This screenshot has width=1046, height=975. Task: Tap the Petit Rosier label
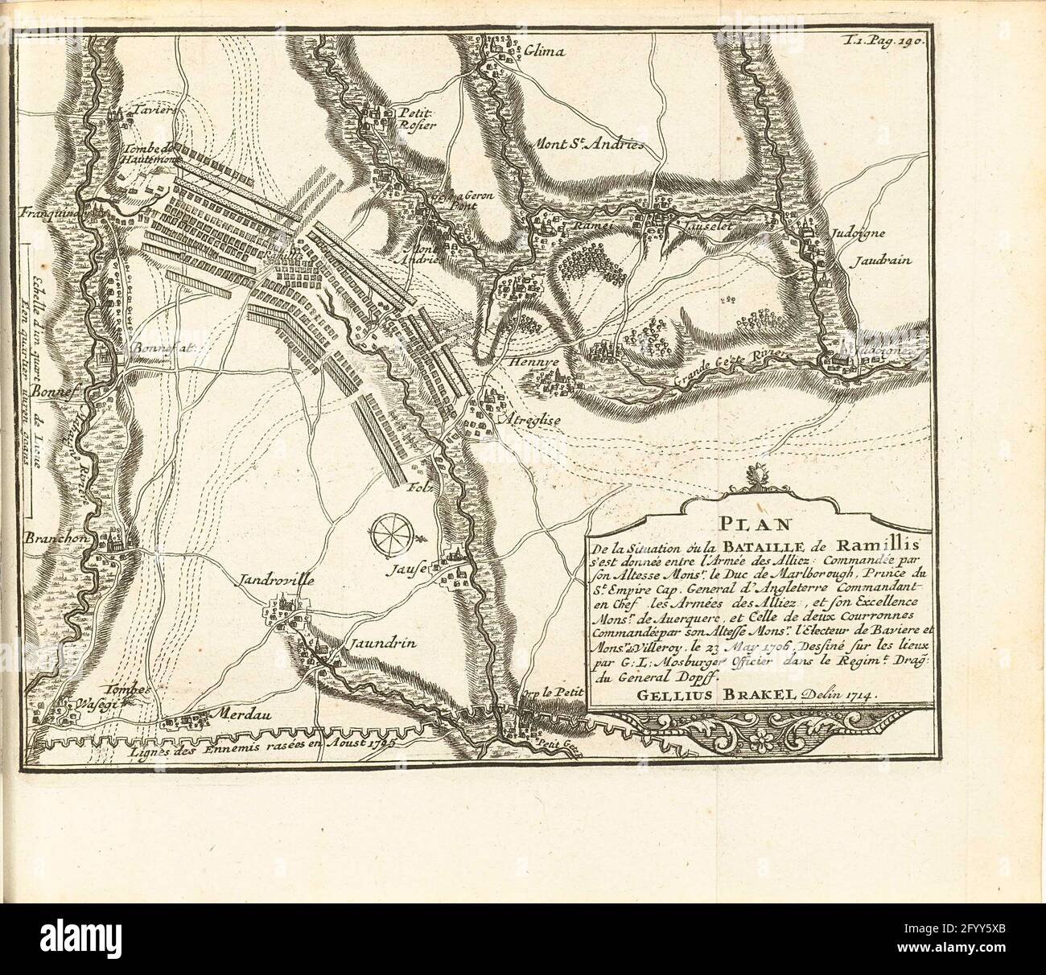[418, 119]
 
